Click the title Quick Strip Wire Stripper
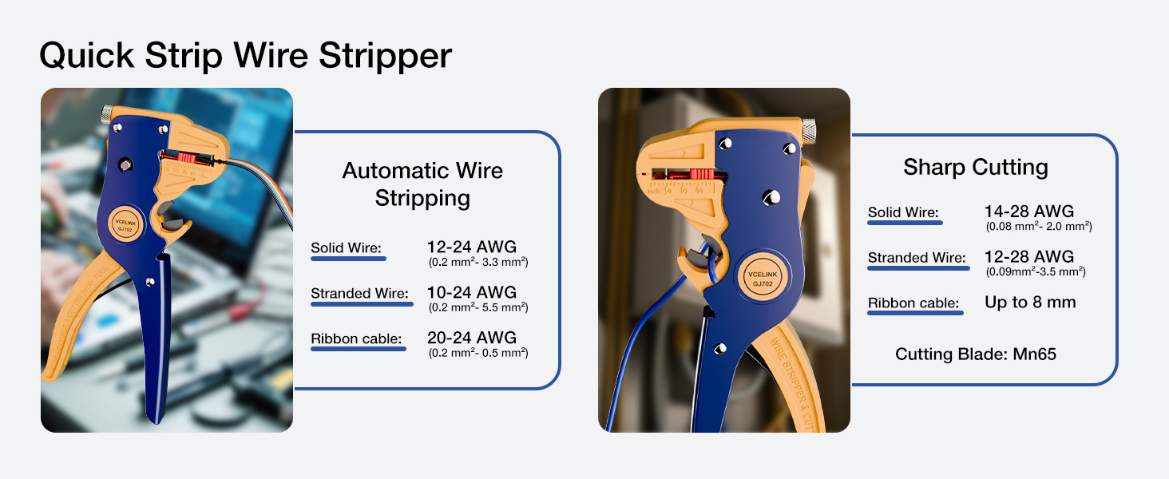[245, 56]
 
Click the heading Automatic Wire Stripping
[422, 184]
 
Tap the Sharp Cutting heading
[975, 167]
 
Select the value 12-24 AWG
[472, 247]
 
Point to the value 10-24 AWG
[472, 292]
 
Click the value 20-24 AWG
[472, 337]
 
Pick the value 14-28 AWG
[1028, 212]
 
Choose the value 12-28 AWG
[1028, 257]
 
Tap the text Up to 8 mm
[1030, 302]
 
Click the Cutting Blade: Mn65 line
[975, 354]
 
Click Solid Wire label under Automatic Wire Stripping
[347, 247]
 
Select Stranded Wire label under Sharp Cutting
[917, 258]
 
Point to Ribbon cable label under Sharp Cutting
[913, 303]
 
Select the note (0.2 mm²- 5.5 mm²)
[478, 307]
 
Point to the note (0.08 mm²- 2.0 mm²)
[1038, 227]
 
